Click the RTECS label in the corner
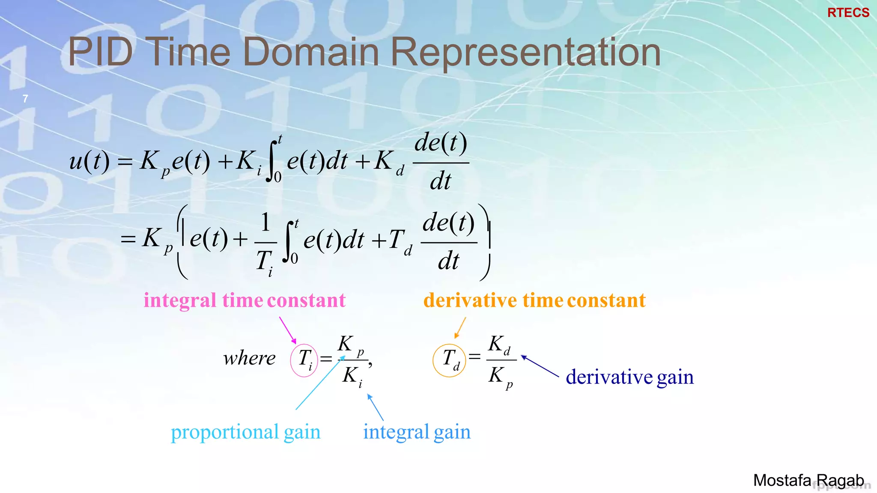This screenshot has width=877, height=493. [x=848, y=13]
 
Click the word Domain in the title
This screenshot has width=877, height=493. [x=311, y=52]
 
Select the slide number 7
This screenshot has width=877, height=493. [x=25, y=99]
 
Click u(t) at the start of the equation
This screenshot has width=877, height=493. [x=89, y=161]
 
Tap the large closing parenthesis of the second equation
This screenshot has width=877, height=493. [x=486, y=242]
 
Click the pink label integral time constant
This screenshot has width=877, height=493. [x=244, y=300]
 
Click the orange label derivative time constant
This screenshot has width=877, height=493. [x=534, y=300]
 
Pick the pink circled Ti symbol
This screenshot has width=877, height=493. [x=304, y=360]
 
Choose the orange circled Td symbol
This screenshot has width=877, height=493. [x=449, y=360]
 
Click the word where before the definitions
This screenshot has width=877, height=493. [x=249, y=358]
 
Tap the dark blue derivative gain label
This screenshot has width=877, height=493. [x=629, y=377]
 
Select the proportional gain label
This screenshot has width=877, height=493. [x=245, y=432]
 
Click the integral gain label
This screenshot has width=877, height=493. [x=417, y=432]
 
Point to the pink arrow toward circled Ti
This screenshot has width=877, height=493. [x=287, y=330]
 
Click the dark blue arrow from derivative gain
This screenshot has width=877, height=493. [x=540, y=366]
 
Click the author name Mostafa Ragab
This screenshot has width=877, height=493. [x=808, y=481]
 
